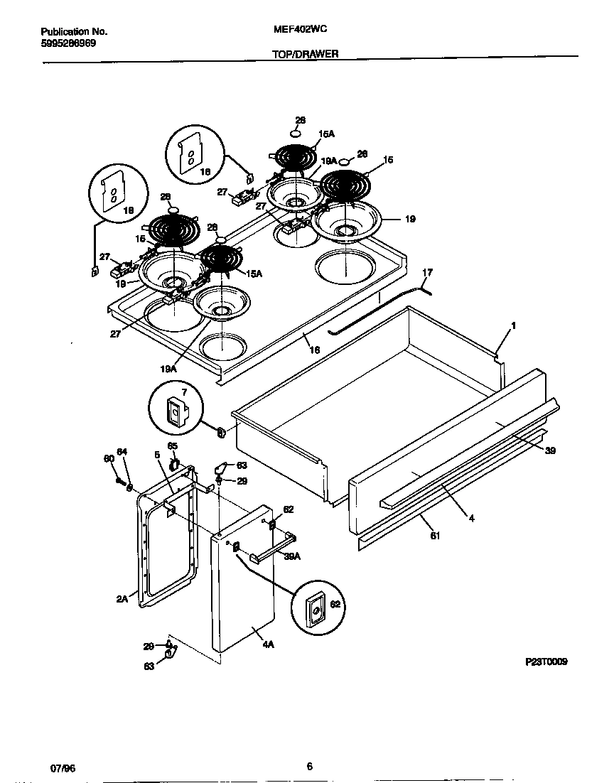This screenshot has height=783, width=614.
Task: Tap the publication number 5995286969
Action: [x=68, y=43]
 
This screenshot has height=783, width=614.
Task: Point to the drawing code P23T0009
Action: [x=546, y=661]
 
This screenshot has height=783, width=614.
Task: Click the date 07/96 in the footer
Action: [x=63, y=767]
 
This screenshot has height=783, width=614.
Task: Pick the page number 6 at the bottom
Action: [x=309, y=766]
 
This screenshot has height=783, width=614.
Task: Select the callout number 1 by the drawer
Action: [x=512, y=325]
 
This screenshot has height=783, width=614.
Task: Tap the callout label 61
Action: [x=435, y=536]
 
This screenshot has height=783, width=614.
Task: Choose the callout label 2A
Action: [x=122, y=598]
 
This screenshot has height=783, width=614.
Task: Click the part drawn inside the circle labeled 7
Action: [x=173, y=410]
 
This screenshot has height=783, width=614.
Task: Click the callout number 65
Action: [x=171, y=446]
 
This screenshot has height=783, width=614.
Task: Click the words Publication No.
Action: [x=74, y=32]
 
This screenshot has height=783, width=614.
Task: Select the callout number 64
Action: [x=122, y=452]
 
